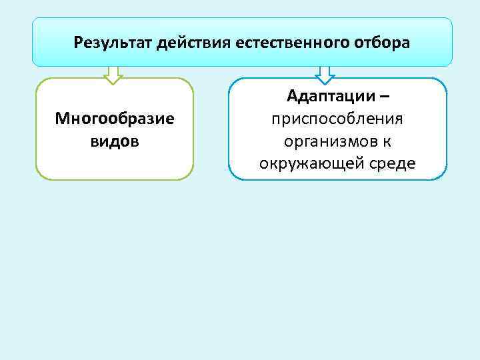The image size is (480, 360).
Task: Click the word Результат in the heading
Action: pyautogui.click(x=114, y=43)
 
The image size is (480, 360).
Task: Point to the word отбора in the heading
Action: pyautogui.click(x=383, y=43)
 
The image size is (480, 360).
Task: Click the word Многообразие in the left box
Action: pyautogui.click(x=115, y=119)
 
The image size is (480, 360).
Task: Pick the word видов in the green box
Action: pyautogui.click(x=115, y=141)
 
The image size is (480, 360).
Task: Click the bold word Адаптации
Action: pyautogui.click(x=329, y=97)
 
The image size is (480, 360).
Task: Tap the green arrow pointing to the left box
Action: pyautogui.click(x=114, y=75)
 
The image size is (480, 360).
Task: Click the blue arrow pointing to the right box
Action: pyautogui.click(x=325, y=75)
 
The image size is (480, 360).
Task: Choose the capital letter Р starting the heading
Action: pyautogui.click(x=79, y=43)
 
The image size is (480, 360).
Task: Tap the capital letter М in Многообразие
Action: pyautogui.click(x=61, y=119)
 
